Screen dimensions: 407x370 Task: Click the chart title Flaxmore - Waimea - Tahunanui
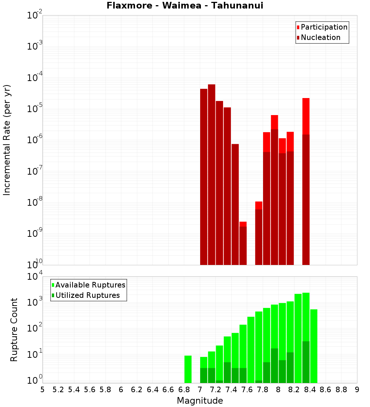tap(185, 6)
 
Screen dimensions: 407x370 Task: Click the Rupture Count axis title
tap(14, 330)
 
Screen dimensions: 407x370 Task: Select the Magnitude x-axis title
tap(200, 401)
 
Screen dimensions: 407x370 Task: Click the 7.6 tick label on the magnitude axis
tap(247, 390)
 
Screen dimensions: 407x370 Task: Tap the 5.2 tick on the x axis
tap(58, 390)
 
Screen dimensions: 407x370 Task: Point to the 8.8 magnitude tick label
tap(341, 390)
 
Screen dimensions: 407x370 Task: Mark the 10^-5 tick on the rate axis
tap(34, 109)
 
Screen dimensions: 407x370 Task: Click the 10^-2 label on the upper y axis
tap(34, 15)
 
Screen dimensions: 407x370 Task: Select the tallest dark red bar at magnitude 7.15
tap(212, 174)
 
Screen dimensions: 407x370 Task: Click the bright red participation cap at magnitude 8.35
tap(306, 116)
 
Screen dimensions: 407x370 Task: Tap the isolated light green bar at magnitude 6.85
tap(188, 369)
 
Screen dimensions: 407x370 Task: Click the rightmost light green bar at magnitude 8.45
tap(314, 346)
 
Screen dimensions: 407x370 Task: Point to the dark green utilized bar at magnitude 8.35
tap(306, 362)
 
